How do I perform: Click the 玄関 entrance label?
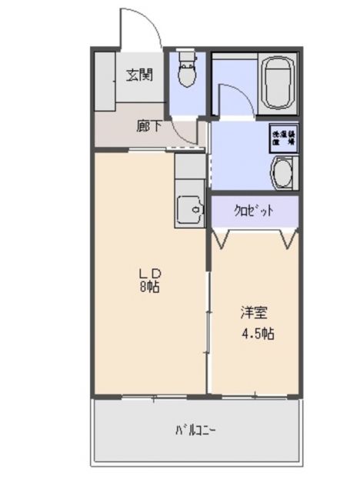point(140,75)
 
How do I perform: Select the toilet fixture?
point(185,75)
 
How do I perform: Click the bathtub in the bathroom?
point(278,84)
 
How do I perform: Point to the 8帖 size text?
point(149,288)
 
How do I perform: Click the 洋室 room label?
point(255,313)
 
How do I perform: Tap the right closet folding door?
point(288,238)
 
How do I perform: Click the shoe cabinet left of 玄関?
point(105,81)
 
